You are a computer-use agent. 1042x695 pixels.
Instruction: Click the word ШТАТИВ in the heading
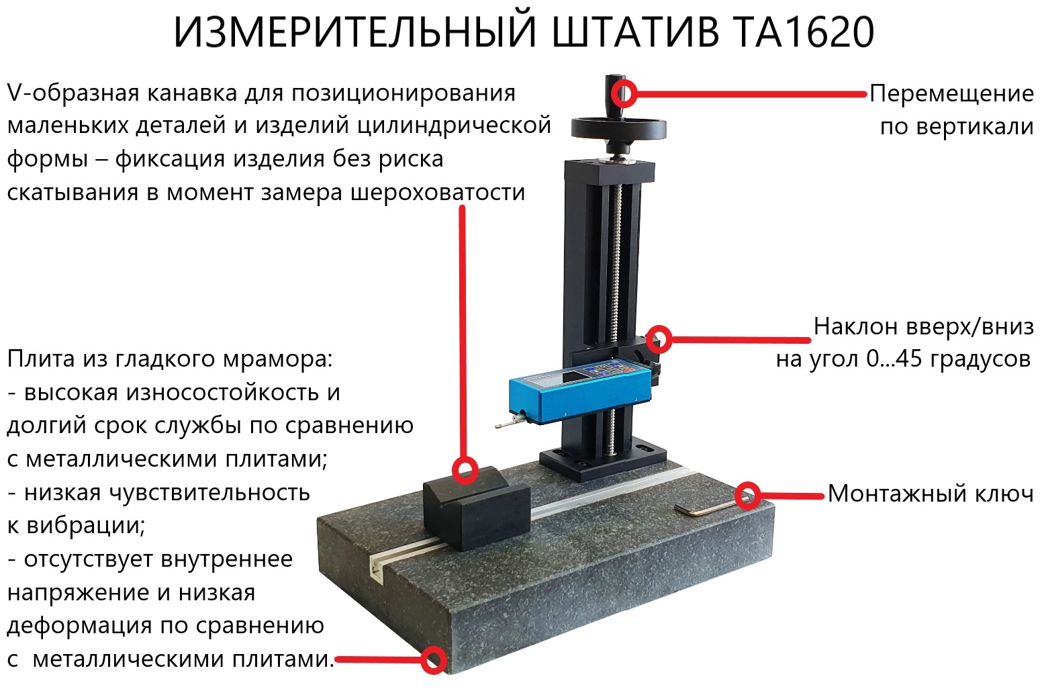(635, 32)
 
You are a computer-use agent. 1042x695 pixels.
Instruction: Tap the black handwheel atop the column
(618, 128)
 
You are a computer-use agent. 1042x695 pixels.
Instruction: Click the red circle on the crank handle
(624, 93)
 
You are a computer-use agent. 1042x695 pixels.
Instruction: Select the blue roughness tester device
(579, 391)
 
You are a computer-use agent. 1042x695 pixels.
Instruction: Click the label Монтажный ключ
(931, 494)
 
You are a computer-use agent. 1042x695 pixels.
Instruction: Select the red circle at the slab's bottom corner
(434, 659)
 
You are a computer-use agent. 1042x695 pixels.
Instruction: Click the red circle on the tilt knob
(659, 338)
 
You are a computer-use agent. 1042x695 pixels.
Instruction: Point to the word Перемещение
(951, 93)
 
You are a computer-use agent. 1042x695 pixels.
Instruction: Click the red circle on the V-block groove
(465, 470)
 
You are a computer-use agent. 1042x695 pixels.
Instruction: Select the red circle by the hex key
(748, 496)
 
